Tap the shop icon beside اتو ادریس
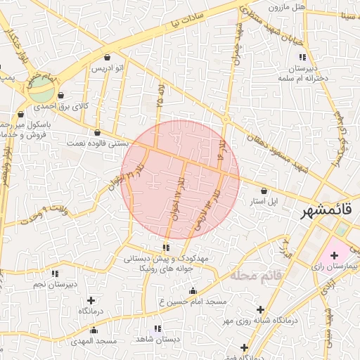(x=106, y=58)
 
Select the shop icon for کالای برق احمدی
(x=61, y=96)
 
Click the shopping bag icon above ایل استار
(x=264, y=191)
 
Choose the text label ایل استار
(x=264, y=201)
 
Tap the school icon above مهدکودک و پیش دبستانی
(x=166, y=247)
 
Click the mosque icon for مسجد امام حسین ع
(x=193, y=290)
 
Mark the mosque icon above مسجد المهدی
(x=94, y=330)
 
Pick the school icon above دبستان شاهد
(x=157, y=328)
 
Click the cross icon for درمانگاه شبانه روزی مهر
(x=260, y=309)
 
